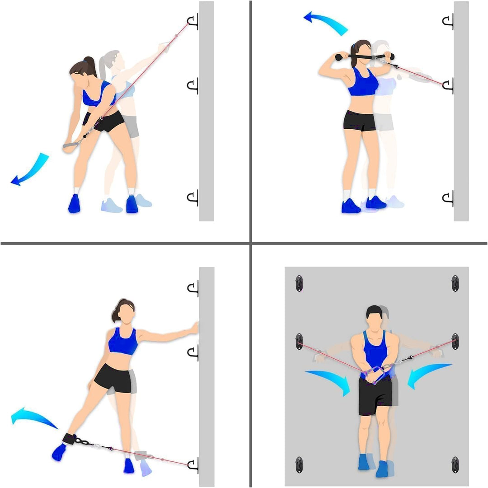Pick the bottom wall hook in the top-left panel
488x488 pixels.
193,198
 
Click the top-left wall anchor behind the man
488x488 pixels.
299,283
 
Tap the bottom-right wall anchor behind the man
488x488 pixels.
455,465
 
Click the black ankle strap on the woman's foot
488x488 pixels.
70,439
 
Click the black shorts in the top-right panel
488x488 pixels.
359,120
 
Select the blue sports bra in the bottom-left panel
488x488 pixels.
122,341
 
